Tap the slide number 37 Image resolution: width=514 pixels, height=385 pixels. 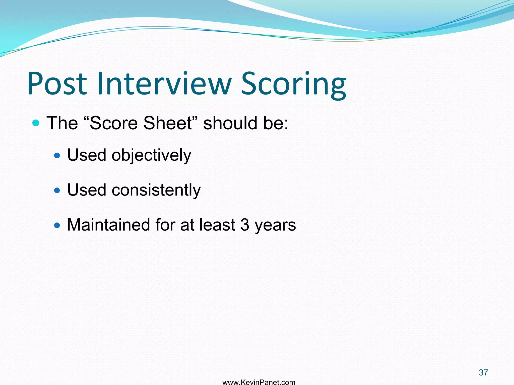coord(483,372)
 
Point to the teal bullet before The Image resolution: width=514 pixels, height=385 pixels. coord(36,123)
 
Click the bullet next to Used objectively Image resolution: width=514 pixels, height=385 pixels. coord(57,155)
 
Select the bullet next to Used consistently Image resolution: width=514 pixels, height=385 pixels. coord(57,190)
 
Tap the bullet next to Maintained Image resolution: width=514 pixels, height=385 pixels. coord(57,225)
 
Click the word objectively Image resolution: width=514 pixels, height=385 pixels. coord(151,155)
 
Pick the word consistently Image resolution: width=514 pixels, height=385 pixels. coord(156,190)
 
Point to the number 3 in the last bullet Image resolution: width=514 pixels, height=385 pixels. coord(245,225)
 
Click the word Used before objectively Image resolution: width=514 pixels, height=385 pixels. coord(87,155)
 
